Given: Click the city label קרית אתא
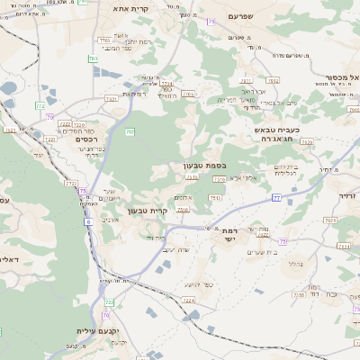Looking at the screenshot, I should click(x=128, y=8).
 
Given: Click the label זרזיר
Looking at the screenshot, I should click(x=347, y=195).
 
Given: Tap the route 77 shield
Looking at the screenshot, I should click(x=276, y=196).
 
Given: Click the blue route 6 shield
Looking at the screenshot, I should click(x=89, y=221).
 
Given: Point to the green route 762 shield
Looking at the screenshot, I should click(x=130, y=132).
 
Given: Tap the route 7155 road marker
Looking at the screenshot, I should click(x=297, y=294).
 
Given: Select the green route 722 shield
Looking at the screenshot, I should click(x=110, y=302).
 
